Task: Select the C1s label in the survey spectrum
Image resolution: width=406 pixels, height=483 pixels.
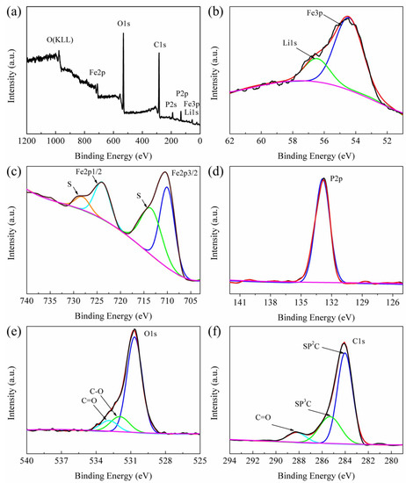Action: tap(160, 42)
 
